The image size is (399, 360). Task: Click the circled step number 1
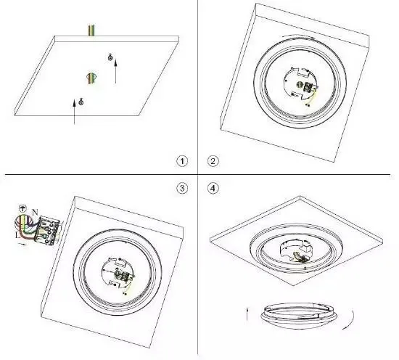pyautogui.click(x=182, y=161)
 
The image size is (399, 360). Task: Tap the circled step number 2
pyautogui.click(x=213, y=161)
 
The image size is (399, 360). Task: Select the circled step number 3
pyautogui.click(x=182, y=189)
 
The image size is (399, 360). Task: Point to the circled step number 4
pyautogui.click(x=213, y=189)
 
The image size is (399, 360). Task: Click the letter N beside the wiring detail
pyautogui.click(x=35, y=212)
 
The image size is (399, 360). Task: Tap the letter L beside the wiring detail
pyautogui.click(x=17, y=235)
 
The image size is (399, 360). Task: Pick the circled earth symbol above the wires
pyautogui.click(x=22, y=208)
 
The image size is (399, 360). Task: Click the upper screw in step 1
pyautogui.click(x=110, y=57)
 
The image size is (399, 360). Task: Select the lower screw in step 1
pyautogui.click(x=81, y=102)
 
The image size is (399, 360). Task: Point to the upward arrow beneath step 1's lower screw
pyautogui.click(x=74, y=112)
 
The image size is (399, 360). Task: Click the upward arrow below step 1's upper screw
pyautogui.click(x=116, y=71)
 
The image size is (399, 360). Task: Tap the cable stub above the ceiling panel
pyautogui.click(x=91, y=30)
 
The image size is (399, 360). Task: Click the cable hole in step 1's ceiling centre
pyautogui.click(x=91, y=78)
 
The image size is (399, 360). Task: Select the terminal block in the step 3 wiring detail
pyautogui.click(x=47, y=231)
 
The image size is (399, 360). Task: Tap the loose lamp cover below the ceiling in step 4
pyautogui.click(x=299, y=316)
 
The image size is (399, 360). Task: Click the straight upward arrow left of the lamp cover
pyautogui.click(x=247, y=314)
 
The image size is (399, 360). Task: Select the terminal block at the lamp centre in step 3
pyautogui.click(x=126, y=277)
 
